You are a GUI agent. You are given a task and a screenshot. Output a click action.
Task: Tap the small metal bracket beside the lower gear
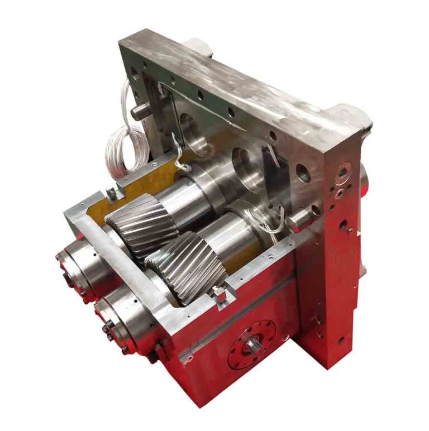[x=220, y=294]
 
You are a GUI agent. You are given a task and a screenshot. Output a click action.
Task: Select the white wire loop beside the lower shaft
[x=267, y=221]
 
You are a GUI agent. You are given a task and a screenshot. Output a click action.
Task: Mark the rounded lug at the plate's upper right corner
[x=349, y=114]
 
